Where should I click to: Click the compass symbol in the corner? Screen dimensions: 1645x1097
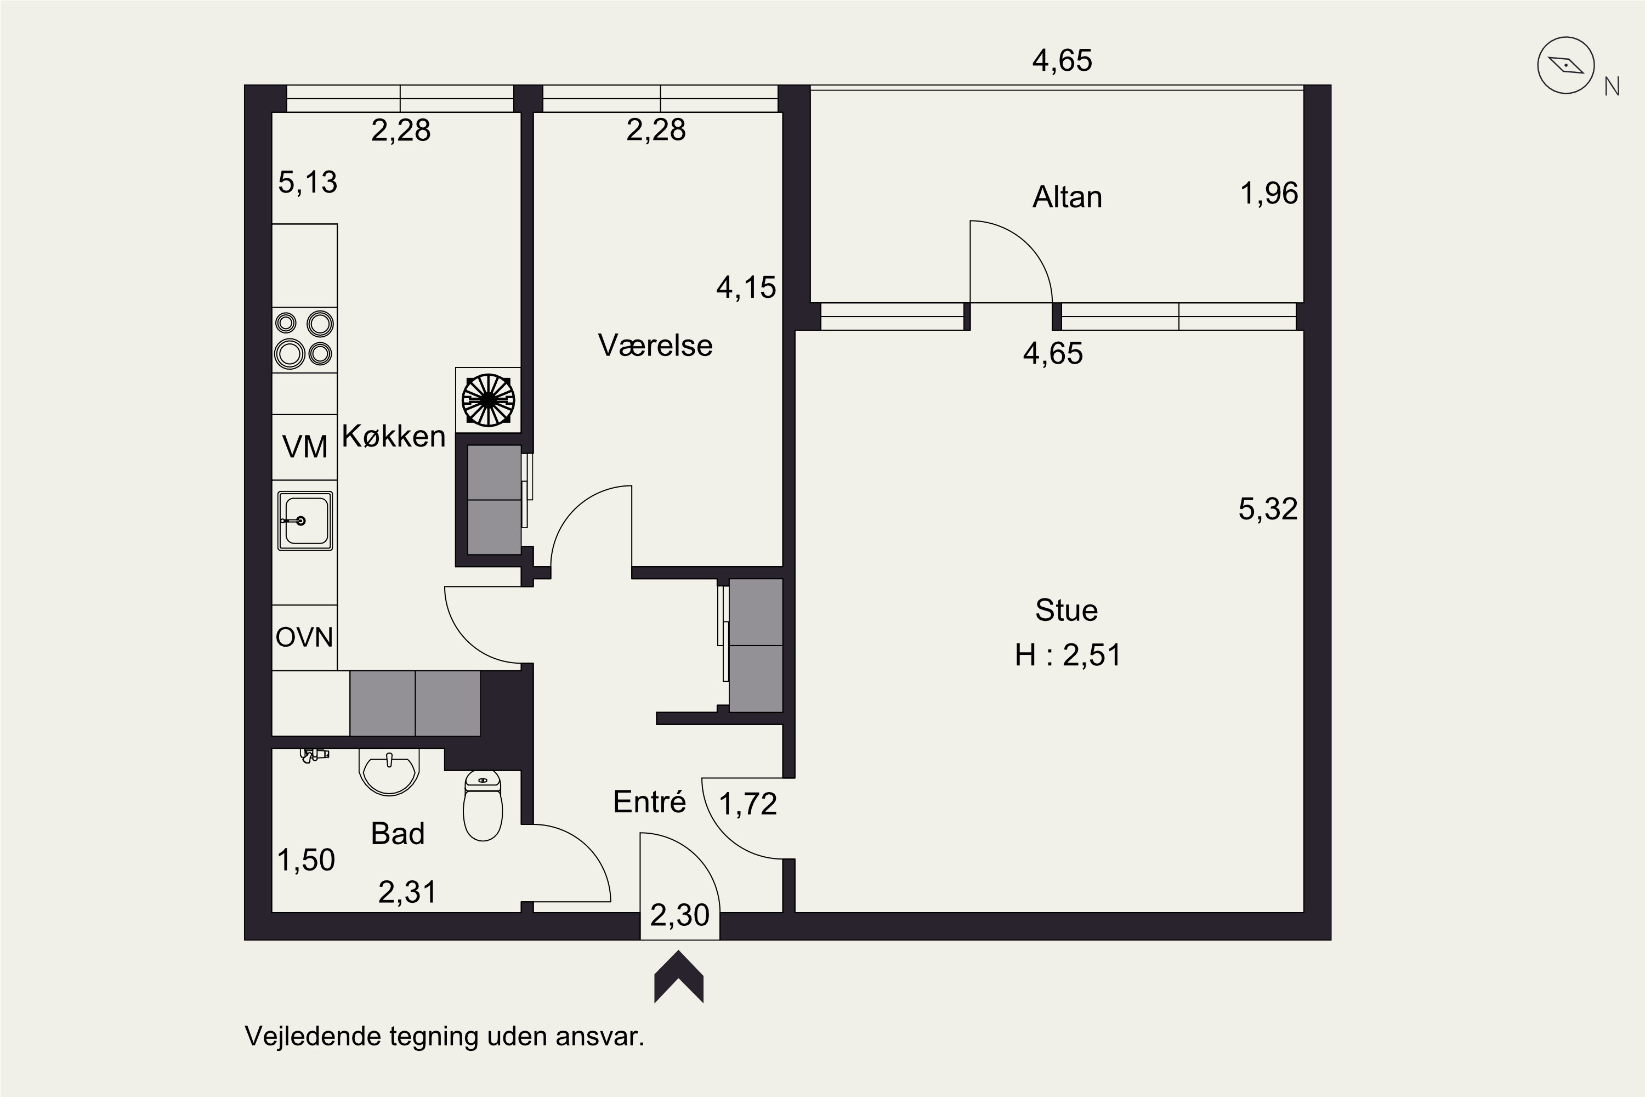(1565, 65)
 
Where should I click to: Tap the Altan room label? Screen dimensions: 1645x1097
(1067, 197)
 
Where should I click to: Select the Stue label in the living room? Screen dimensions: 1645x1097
(1067, 610)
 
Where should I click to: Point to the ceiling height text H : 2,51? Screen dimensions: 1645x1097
(1068, 655)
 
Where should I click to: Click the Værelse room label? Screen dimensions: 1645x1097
(655, 346)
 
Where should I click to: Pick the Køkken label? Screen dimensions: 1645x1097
(394, 437)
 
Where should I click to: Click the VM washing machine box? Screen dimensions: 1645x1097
(304, 447)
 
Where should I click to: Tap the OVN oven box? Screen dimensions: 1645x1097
(304, 637)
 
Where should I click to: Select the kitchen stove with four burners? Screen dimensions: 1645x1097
(304, 340)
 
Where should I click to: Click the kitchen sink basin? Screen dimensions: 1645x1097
(304, 521)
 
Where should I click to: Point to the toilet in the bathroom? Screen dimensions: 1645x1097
(483, 805)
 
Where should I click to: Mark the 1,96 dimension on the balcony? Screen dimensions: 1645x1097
(1269, 194)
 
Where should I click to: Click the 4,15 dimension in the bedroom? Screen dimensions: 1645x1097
(746, 287)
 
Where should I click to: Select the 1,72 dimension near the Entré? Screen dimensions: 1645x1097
(748, 804)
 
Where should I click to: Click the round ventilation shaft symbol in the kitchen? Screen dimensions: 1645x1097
(488, 400)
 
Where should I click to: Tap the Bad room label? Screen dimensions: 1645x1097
(397, 834)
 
